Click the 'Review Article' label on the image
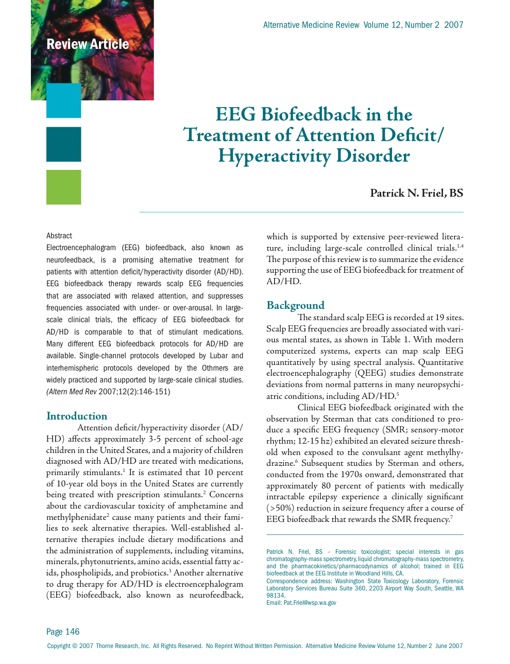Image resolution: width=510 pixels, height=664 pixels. (88, 44)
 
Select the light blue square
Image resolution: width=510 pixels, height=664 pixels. (64, 100)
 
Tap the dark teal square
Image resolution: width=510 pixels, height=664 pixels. (64, 144)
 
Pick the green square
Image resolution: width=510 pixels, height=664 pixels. (64, 187)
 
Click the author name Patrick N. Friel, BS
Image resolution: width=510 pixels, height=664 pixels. (416, 193)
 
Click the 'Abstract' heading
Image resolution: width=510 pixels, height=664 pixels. (59, 236)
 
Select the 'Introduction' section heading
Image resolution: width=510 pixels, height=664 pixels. (77, 416)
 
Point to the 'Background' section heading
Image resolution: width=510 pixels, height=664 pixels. (295, 305)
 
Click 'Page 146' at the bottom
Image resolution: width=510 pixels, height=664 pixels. (63, 632)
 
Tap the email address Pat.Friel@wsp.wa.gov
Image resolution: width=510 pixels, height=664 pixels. (310, 603)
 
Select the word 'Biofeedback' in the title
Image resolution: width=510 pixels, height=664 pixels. (313, 114)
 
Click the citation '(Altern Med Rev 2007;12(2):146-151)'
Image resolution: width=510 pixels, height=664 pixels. (108, 392)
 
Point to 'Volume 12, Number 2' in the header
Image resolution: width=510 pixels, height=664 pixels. (401, 25)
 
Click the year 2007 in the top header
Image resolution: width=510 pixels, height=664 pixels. (454, 25)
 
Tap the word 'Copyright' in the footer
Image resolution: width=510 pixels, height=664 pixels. (58, 646)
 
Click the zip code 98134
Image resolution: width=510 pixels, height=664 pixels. (275, 596)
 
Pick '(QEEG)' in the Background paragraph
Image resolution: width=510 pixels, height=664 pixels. (370, 373)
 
